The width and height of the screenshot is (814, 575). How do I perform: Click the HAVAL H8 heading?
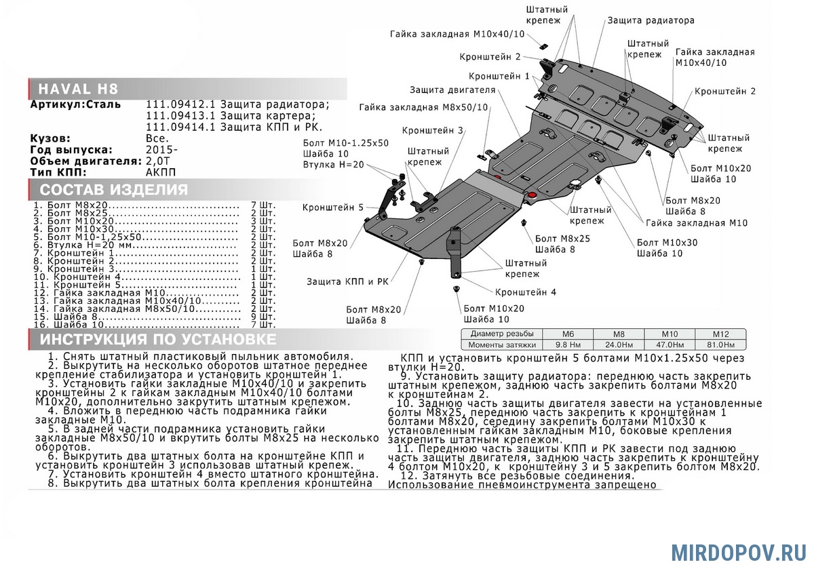[x=78, y=89]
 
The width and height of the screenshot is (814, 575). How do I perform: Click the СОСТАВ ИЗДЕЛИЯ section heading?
[x=114, y=190]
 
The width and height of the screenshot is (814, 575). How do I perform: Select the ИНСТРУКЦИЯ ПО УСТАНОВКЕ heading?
[x=158, y=339]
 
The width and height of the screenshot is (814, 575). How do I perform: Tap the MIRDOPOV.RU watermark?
[x=739, y=553]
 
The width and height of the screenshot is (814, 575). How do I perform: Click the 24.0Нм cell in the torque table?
[x=619, y=344]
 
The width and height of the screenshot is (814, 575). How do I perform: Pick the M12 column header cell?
[x=720, y=334]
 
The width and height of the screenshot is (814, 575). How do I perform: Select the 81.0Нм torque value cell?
[x=720, y=344]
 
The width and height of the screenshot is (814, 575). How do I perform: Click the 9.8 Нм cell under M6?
[x=568, y=344]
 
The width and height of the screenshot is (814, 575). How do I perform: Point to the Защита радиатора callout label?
[x=651, y=20]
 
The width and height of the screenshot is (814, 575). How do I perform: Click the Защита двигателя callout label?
[x=452, y=90]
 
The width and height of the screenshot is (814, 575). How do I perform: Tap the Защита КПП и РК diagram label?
[x=347, y=281]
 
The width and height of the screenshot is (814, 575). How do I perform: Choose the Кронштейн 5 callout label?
[x=333, y=207]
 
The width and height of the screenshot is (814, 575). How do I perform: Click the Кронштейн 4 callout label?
[x=526, y=292]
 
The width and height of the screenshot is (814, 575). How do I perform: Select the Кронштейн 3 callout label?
[x=433, y=130]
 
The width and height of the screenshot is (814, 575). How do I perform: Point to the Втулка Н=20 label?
[x=333, y=165]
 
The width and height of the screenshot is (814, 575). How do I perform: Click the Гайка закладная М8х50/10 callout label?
[x=423, y=108]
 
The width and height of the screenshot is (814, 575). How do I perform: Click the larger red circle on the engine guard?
[x=532, y=195]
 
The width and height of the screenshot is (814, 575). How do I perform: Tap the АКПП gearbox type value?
[x=161, y=172]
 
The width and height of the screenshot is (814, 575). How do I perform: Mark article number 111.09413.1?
[x=180, y=116]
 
